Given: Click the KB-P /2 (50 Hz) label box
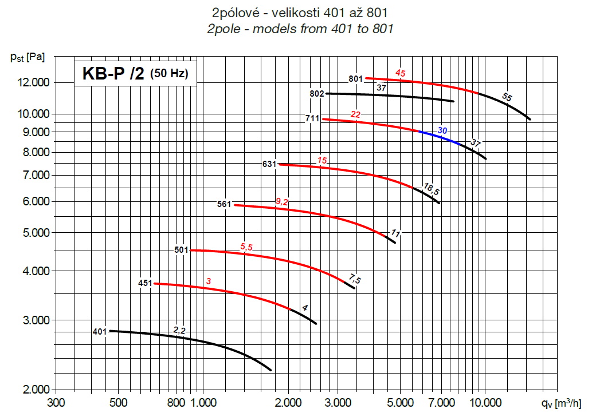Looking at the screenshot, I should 135,74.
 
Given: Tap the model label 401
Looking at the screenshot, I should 100,331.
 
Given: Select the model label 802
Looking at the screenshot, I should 317,93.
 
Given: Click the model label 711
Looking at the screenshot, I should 312,119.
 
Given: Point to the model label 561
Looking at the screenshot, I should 224,204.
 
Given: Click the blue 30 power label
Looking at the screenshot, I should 442,130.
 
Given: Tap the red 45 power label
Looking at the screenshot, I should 401,73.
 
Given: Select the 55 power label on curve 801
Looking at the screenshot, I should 507,97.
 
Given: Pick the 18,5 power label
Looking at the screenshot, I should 431,188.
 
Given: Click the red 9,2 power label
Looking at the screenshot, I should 282,201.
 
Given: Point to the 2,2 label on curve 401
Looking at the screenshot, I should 179,329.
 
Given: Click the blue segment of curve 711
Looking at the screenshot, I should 441,137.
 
